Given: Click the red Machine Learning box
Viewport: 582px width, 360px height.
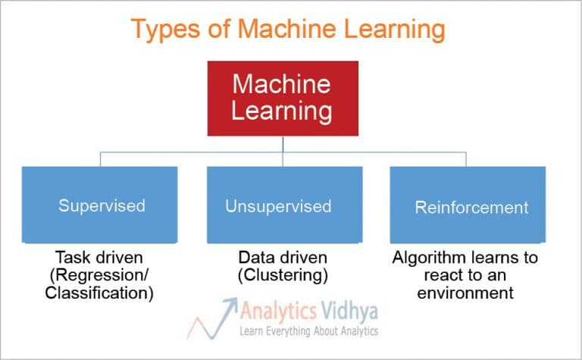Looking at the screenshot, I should [x=282, y=98].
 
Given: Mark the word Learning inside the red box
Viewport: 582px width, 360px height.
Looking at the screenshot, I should [x=282, y=111].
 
